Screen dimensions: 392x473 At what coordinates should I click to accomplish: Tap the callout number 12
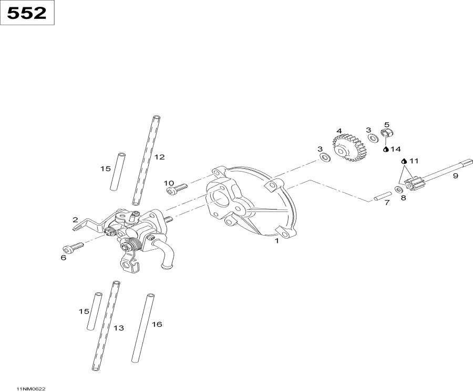(159, 156)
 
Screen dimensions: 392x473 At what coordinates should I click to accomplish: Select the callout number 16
(157, 324)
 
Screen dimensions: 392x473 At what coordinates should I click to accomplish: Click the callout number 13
(119, 328)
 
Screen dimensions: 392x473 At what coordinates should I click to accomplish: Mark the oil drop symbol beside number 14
(386, 149)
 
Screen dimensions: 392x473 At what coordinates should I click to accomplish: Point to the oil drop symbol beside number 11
(404, 161)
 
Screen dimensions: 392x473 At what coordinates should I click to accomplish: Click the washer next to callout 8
(399, 188)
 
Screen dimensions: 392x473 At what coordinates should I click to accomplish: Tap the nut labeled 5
(387, 133)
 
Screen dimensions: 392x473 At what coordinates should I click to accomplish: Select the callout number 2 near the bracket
(75, 220)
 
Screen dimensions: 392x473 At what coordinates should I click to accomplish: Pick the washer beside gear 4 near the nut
(373, 139)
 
